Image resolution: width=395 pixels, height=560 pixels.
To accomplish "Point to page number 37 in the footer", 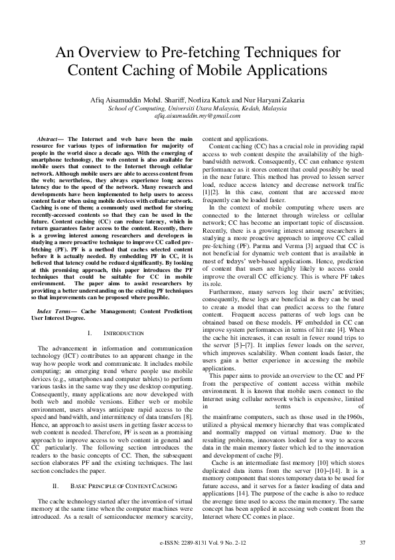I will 362,543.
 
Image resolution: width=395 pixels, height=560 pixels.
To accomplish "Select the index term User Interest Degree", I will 58,318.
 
